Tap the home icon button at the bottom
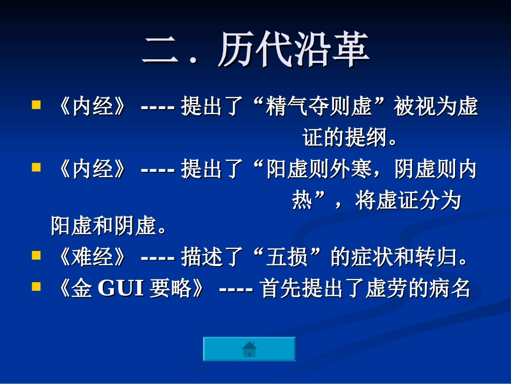(249, 349)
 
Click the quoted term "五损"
(287, 257)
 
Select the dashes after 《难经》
(157, 257)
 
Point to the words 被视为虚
(436, 107)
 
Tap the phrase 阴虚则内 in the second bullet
(436, 170)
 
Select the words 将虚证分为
(408, 201)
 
